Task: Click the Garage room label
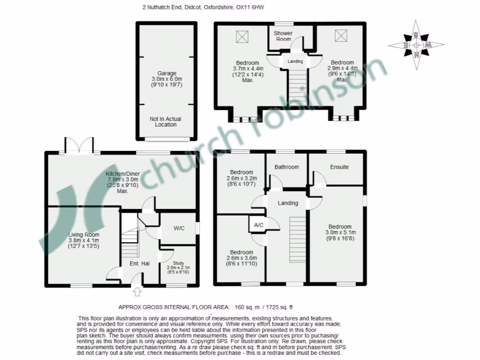[167, 73]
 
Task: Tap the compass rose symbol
[416, 45]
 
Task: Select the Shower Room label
[284, 36]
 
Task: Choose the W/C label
[179, 228]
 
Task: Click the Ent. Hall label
[140, 263]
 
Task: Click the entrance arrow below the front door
[137, 292]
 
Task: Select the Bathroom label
[286, 167]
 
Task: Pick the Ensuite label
[339, 167]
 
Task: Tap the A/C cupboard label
[258, 225]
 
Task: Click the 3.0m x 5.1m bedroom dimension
[341, 232]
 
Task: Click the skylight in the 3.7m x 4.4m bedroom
[242, 36]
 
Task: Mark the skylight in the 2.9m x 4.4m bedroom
[341, 36]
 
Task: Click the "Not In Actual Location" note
[166, 122]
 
